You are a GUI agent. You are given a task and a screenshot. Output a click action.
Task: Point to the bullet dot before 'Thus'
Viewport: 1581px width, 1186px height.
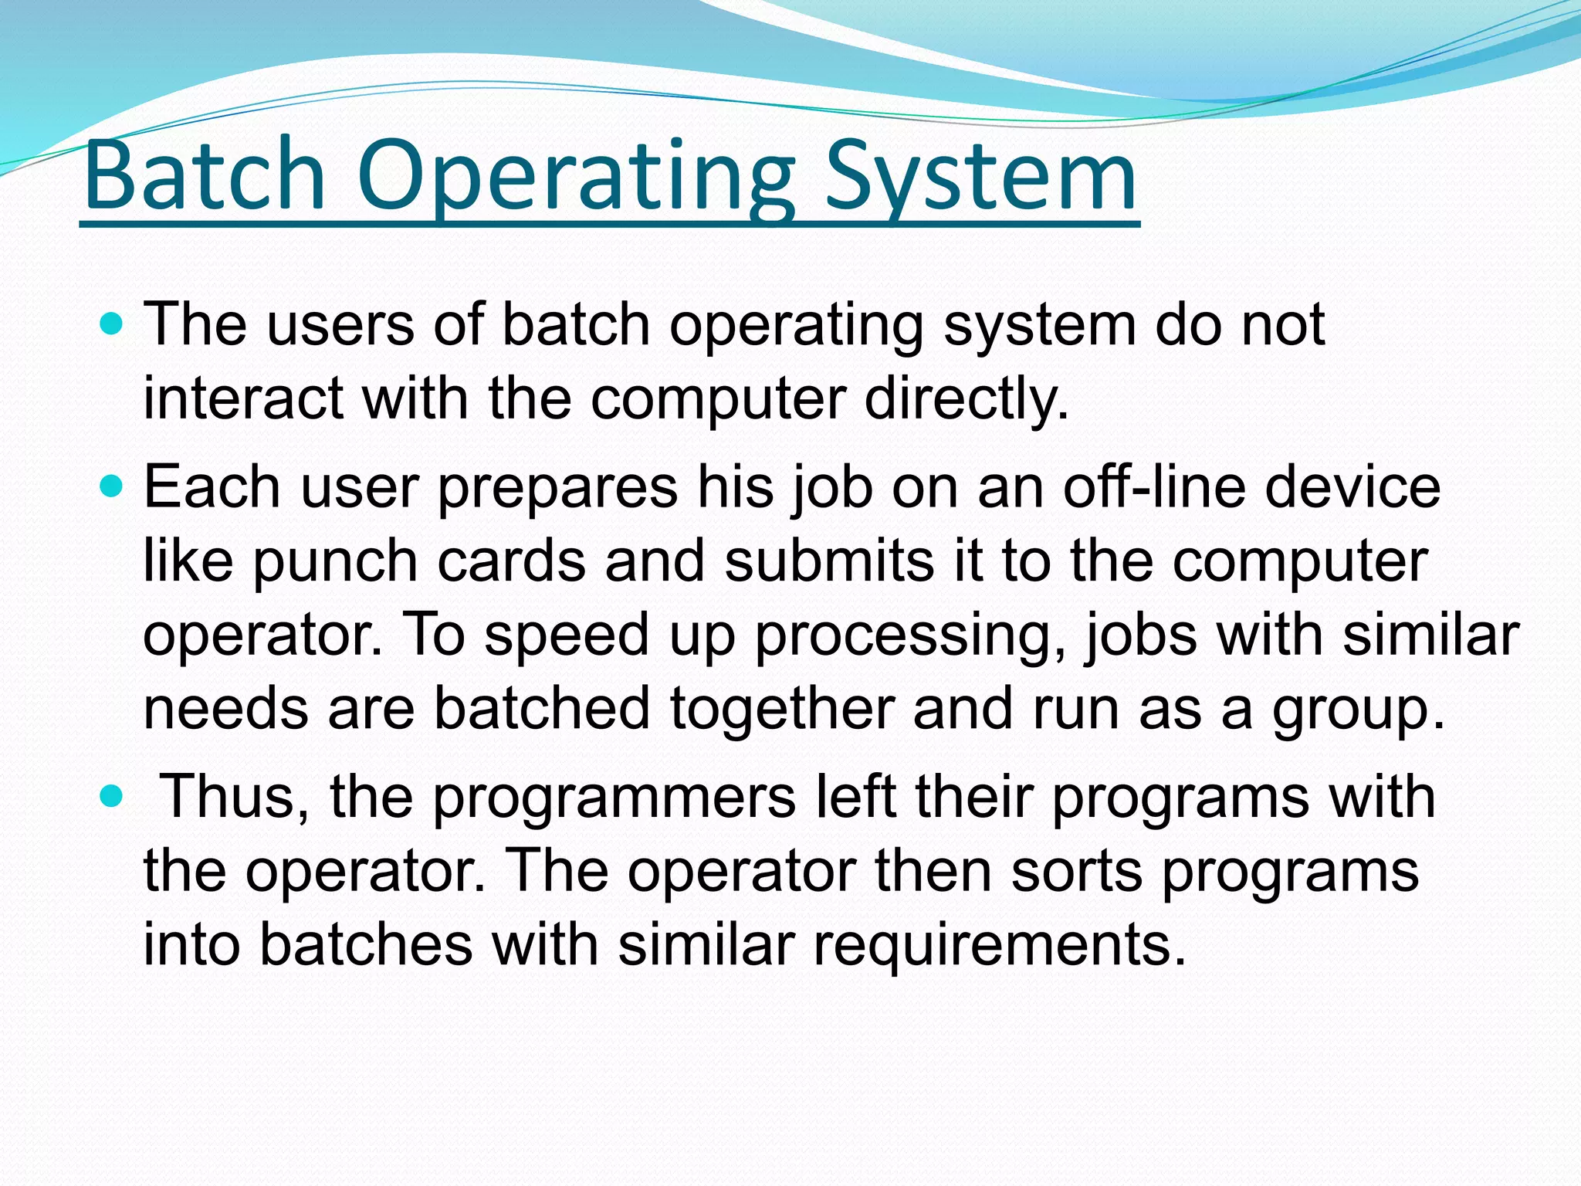(x=113, y=795)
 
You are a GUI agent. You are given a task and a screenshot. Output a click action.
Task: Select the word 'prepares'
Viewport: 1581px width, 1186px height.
(x=557, y=488)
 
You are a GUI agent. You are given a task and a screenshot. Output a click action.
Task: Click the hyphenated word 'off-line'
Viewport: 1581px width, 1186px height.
(x=1154, y=488)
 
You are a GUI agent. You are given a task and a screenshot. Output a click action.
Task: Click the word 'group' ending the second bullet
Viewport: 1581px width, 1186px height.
(x=1351, y=709)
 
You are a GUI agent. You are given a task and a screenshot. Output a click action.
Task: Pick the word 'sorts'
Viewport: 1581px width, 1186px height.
(x=1077, y=871)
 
